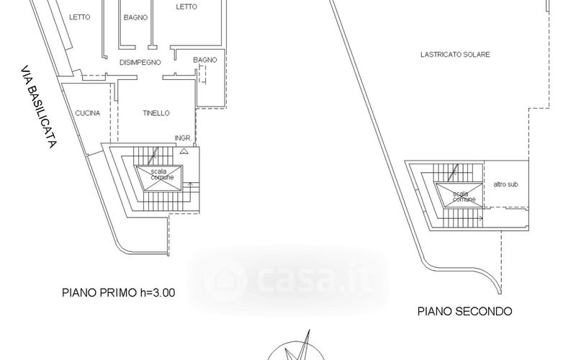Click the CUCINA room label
point(87,113)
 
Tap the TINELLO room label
point(156,113)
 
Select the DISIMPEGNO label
point(140,63)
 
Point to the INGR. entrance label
point(184,138)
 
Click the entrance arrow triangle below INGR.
point(184,150)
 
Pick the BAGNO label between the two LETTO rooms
point(135,17)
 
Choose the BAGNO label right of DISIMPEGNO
point(205,60)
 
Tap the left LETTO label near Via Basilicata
point(79,17)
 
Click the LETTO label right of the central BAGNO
point(186,6)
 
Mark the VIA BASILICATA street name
point(38,107)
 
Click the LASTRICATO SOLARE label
point(455,55)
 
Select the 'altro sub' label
point(506,184)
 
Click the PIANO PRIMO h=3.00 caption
point(118,293)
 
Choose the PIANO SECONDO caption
point(464,312)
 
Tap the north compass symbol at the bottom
point(296,347)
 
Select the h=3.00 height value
point(158,293)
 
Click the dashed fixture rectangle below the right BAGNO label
point(203,74)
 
